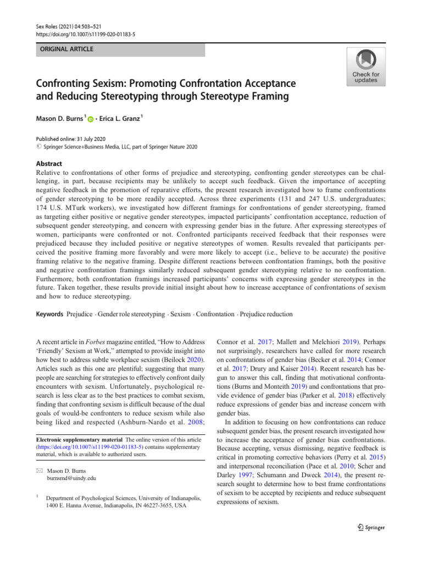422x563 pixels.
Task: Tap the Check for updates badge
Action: coord(365,67)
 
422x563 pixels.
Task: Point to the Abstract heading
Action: coord(49,163)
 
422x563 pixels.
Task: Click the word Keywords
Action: coord(49,314)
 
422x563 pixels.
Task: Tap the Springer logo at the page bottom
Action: coord(370,527)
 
